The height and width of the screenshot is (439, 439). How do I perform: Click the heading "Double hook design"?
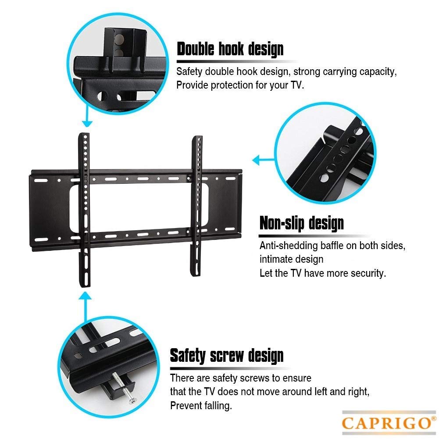point(230,49)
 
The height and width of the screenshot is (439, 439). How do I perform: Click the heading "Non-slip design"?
point(301,223)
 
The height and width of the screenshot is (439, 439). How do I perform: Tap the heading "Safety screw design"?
point(227,355)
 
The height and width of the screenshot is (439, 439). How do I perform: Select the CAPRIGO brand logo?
point(385,423)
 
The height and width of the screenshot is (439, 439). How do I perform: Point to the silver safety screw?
point(125,386)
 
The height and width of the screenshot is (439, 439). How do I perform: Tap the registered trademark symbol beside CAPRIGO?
point(433,417)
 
